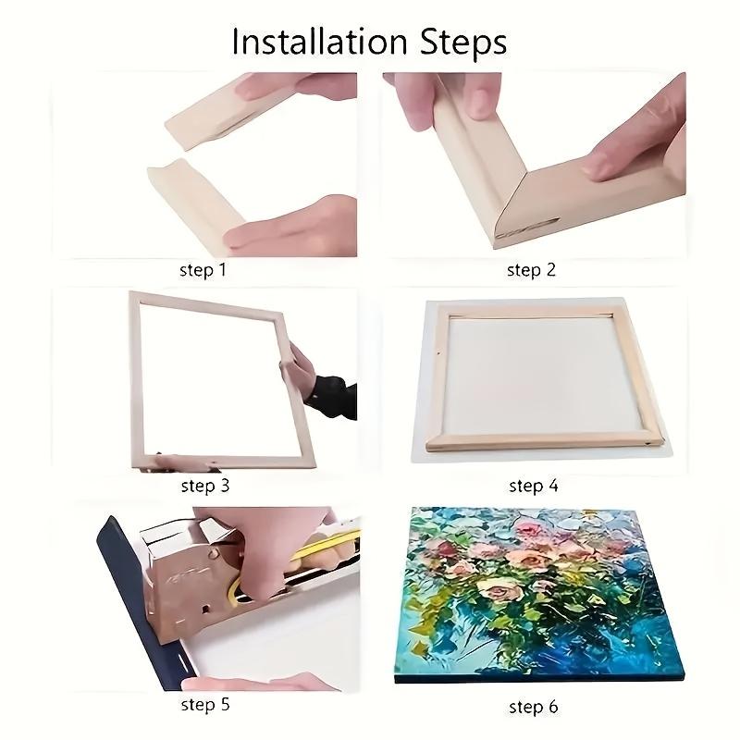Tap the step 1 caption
click(203, 270)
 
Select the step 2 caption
click(531, 270)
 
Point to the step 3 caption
click(205, 485)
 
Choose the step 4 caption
click(534, 485)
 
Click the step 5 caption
click(205, 705)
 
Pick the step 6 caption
click(534, 707)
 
